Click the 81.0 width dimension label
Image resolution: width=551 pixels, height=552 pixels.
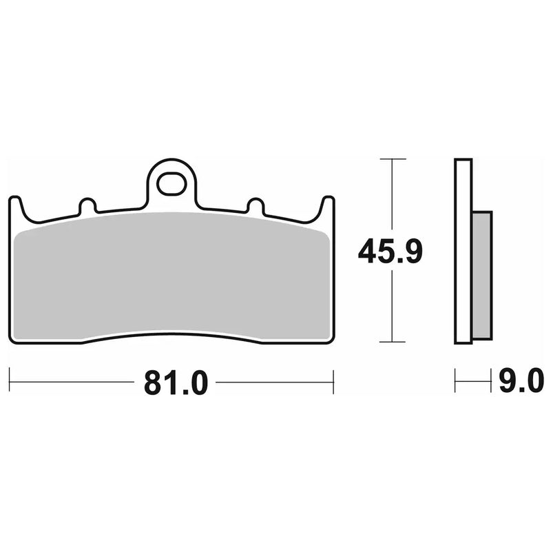(175, 382)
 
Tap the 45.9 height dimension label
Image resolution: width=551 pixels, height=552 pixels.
(389, 253)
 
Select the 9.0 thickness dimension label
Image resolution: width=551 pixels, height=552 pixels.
(521, 381)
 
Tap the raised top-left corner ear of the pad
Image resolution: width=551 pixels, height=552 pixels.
(16, 205)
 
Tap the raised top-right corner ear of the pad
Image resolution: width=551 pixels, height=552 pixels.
(328, 205)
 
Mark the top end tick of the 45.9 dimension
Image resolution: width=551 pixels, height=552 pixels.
(392, 160)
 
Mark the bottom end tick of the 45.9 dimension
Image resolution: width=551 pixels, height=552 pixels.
(392, 342)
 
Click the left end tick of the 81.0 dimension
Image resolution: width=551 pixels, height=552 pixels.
(10, 382)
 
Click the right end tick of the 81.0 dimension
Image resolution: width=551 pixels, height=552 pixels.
(333, 382)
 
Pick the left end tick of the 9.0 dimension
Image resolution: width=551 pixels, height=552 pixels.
(456, 381)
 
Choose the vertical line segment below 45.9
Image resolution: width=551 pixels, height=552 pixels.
(392, 307)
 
